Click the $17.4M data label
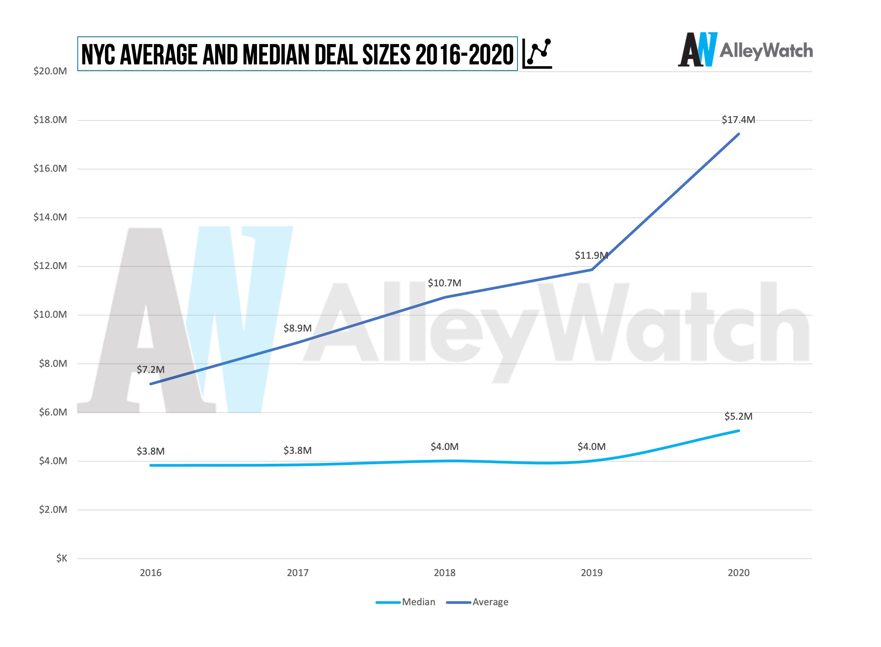pyautogui.click(x=738, y=120)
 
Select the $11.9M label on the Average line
pyautogui.click(x=591, y=255)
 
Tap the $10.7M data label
pyautogui.click(x=444, y=283)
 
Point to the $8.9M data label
pyautogui.click(x=298, y=328)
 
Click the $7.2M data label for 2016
pyautogui.click(x=150, y=370)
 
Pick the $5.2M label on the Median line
pyautogui.click(x=738, y=416)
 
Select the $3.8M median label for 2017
pyautogui.click(x=298, y=450)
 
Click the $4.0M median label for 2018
pyautogui.click(x=444, y=447)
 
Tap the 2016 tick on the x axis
pyautogui.click(x=150, y=573)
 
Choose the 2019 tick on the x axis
pyautogui.click(x=591, y=573)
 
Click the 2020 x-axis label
pyautogui.click(x=738, y=573)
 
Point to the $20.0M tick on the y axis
pyautogui.click(x=50, y=71)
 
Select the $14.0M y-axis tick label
pyautogui.click(x=50, y=217)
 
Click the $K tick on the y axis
pyautogui.click(x=61, y=558)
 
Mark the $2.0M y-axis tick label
pyautogui.click(x=53, y=509)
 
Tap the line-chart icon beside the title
pyautogui.click(x=537, y=54)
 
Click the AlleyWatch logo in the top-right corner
pyautogui.click(x=744, y=50)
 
